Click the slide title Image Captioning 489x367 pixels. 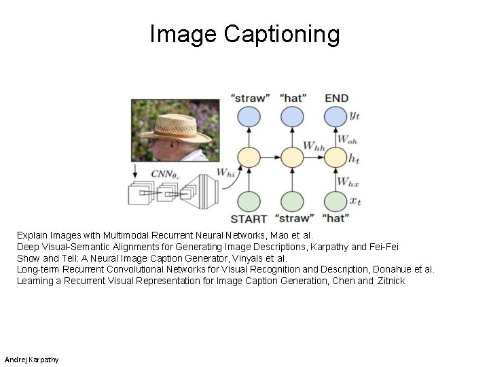(x=244, y=33)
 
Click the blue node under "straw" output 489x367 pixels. (x=249, y=117)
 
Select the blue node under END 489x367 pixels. (x=336, y=117)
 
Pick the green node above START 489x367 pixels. (x=249, y=201)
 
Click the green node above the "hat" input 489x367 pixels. (x=336, y=201)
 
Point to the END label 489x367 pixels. (x=336, y=99)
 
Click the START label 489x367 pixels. (x=249, y=219)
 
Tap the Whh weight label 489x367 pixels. (x=313, y=145)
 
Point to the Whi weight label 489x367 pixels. (x=225, y=175)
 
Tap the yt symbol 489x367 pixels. (x=354, y=116)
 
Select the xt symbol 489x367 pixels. (x=354, y=201)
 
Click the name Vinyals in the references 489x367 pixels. (x=253, y=258)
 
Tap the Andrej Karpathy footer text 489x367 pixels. (x=31, y=359)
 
